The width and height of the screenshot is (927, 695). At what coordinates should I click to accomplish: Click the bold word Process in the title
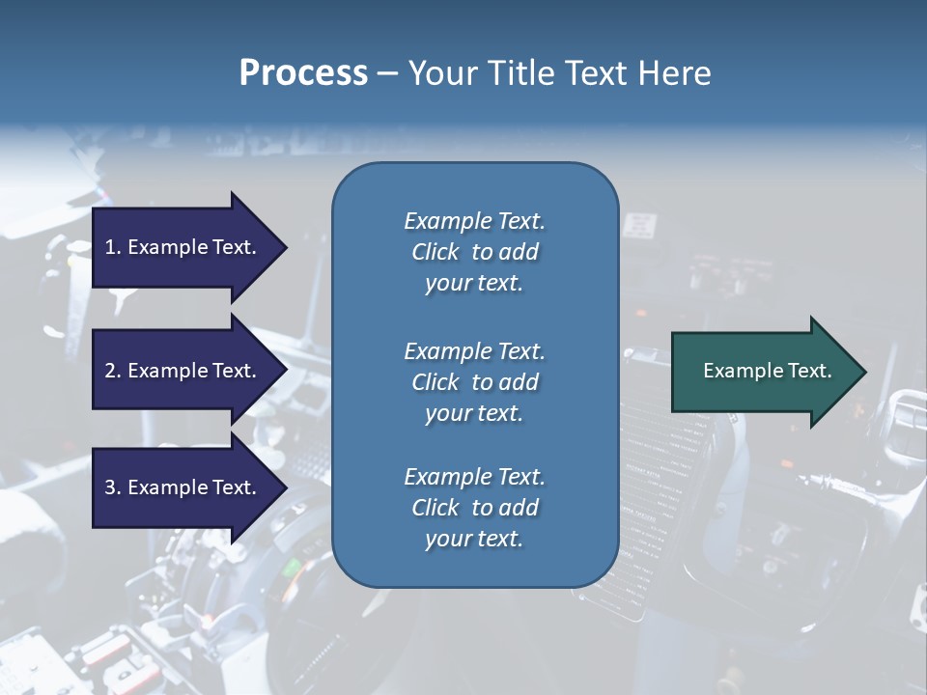coord(303,73)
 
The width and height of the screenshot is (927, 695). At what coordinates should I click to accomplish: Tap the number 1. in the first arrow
coord(113,247)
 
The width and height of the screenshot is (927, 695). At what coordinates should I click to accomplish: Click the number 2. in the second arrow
coord(113,371)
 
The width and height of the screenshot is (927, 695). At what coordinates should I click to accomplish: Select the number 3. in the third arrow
coord(113,487)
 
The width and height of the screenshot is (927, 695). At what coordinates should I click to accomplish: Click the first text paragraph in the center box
coord(474,252)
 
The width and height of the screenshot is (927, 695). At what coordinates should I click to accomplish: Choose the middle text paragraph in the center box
coord(474,382)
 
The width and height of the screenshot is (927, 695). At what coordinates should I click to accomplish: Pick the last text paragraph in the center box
coord(474,508)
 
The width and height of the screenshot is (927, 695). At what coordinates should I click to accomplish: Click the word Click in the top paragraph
coord(435,252)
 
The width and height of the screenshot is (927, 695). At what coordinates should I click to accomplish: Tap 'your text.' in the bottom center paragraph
coord(474,539)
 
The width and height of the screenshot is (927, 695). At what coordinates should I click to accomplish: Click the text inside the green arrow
coord(767,371)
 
